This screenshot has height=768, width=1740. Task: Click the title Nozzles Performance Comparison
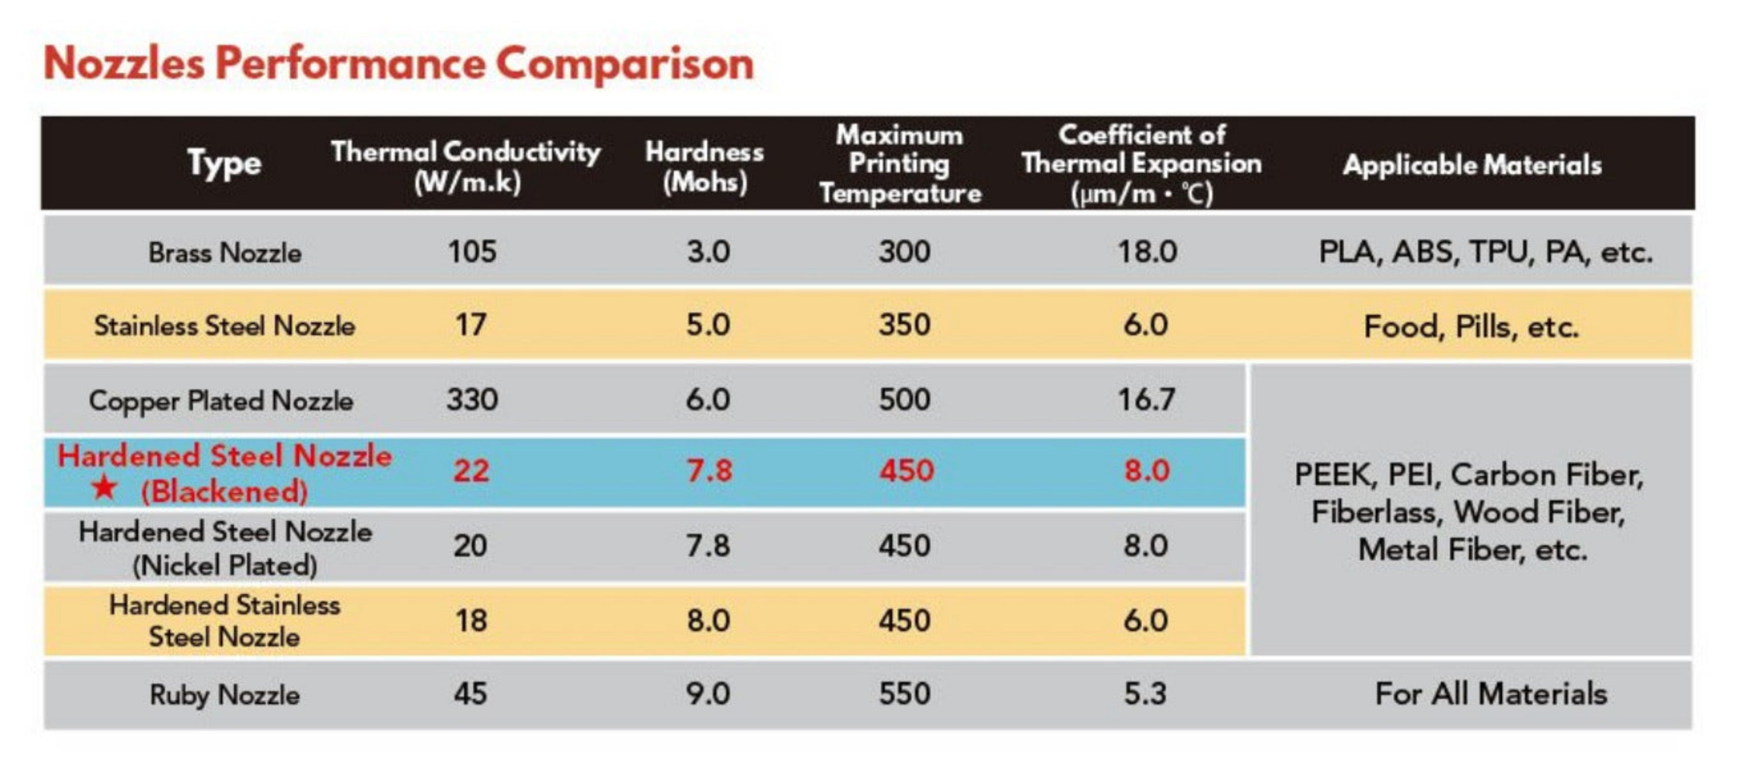(398, 65)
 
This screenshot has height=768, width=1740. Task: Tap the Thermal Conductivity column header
(466, 166)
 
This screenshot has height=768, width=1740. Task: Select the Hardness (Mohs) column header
(704, 166)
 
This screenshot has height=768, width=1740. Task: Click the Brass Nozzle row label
(225, 253)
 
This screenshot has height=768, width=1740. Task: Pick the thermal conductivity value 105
(472, 252)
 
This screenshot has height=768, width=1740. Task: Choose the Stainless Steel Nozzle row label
(225, 326)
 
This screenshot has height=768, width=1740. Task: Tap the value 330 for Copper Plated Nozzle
(472, 399)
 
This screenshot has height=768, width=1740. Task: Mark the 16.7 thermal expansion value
(1146, 399)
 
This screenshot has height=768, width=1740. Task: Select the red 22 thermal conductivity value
(471, 470)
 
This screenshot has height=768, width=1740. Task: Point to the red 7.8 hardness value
(709, 470)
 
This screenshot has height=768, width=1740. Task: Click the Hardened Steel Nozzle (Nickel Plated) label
(225, 548)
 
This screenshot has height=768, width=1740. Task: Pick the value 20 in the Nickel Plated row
(470, 546)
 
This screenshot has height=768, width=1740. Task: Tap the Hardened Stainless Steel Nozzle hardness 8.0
(709, 621)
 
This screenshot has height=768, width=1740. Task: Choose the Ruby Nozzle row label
(225, 695)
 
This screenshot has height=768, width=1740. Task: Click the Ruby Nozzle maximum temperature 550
(904, 694)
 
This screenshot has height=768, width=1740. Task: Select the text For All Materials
(1491, 694)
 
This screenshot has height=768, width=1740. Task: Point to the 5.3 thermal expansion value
(1145, 694)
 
